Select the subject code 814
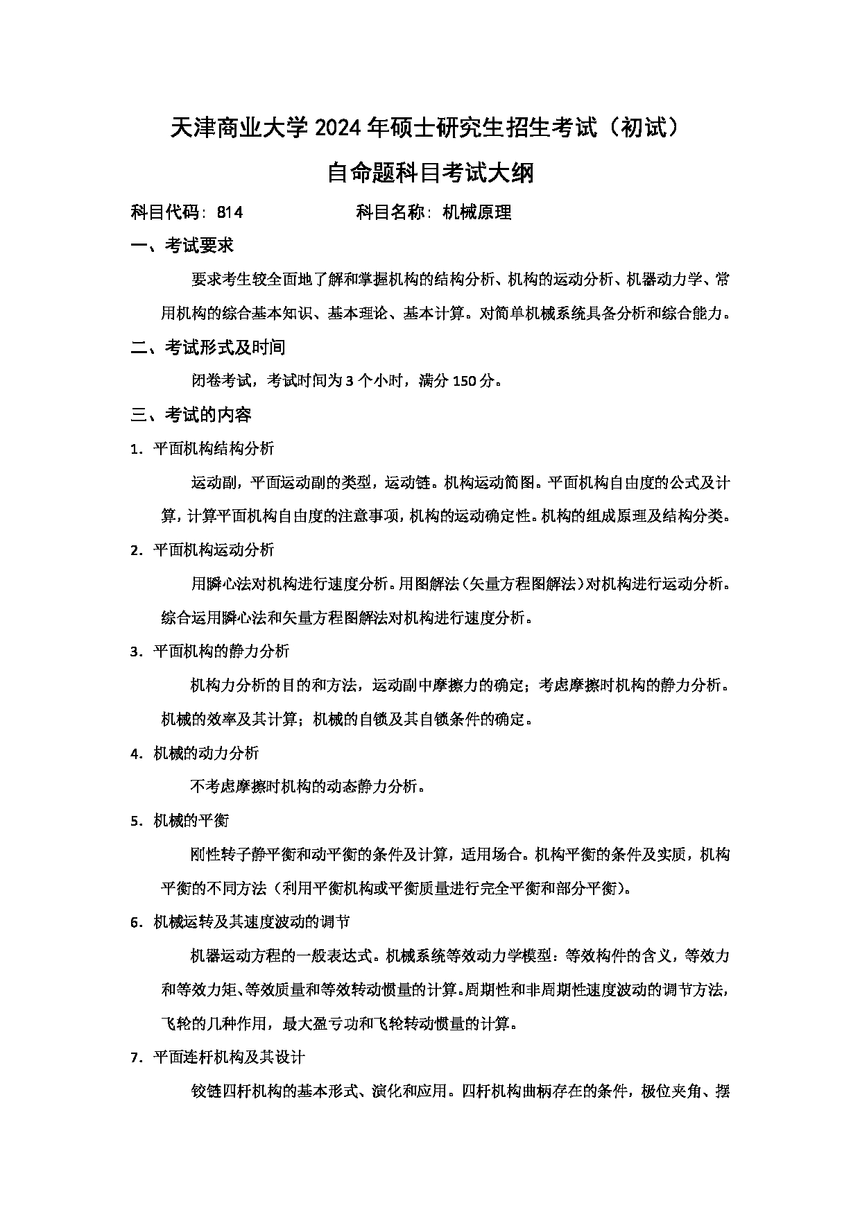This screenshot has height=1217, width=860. pos(230,212)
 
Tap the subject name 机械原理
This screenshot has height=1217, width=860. pos(476,212)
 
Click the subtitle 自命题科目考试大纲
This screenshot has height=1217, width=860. pos(430,173)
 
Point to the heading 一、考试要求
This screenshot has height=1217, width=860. pos(182,246)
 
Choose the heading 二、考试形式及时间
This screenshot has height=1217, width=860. pos(208,347)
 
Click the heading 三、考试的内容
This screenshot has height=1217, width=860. pos(191,415)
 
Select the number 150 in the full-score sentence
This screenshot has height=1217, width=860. pos(465,381)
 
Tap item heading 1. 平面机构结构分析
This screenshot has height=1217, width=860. pos(202,449)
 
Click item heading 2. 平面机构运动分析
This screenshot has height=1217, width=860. pos(202,550)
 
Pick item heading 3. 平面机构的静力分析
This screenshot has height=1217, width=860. pos(209,652)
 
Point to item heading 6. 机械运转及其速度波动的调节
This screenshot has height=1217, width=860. pos(240,922)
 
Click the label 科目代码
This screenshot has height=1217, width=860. pos(165,212)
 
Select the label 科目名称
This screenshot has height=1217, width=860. pos(390,212)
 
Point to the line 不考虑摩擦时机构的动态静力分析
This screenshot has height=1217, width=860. pos(307,787)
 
